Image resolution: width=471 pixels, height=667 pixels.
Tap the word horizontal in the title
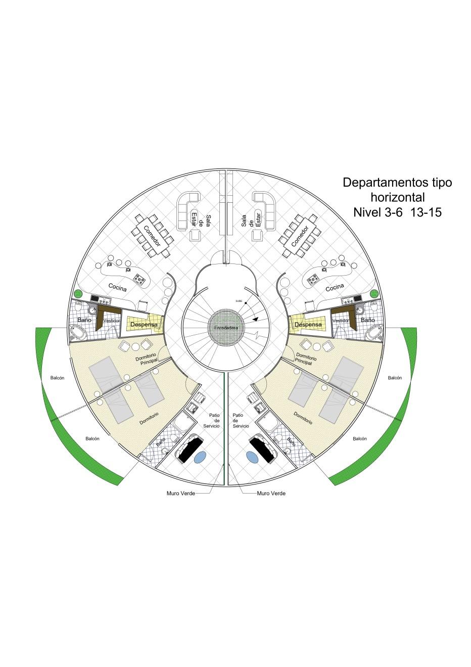(397, 197)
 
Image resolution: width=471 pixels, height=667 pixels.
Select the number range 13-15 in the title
(426, 212)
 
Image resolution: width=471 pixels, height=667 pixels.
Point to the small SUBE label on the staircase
(239, 301)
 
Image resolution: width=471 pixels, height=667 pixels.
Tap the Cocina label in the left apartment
(117, 287)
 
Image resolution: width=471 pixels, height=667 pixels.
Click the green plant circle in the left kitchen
(78, 294)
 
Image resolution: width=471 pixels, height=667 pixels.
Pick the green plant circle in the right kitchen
(374, 294)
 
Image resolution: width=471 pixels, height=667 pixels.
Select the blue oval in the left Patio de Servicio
(201, 456)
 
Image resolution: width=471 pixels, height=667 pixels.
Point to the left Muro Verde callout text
(180, 493)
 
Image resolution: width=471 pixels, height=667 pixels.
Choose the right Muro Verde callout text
(271, 493)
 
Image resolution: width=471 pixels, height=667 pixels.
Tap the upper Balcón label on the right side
(395, 378)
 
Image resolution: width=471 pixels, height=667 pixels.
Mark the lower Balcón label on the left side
(92, 438)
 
